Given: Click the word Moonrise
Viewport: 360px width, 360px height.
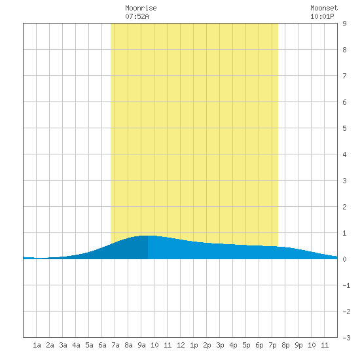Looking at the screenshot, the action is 141,8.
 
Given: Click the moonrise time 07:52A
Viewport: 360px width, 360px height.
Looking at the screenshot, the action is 137,16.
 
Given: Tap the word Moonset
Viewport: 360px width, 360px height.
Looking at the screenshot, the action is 324,8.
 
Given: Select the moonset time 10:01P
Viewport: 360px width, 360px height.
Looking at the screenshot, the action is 322,16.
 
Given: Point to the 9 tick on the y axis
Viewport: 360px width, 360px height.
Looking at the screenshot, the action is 344,24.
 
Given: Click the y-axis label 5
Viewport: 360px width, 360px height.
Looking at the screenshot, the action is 344,128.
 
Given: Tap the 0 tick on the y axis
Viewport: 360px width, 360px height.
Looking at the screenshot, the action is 344,259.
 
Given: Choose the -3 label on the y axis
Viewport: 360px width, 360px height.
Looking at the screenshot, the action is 346,338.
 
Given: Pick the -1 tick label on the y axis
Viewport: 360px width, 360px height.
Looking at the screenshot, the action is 346,285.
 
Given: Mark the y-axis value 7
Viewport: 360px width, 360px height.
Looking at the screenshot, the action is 344,76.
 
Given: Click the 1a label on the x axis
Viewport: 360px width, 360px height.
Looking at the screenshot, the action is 37,345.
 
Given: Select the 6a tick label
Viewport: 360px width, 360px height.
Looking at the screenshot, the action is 102,345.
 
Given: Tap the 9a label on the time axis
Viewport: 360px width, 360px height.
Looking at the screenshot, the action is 141,345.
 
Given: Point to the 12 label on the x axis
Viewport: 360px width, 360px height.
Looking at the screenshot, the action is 181,345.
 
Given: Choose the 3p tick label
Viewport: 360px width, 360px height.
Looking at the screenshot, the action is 220,345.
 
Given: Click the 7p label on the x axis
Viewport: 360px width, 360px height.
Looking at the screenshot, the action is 272,345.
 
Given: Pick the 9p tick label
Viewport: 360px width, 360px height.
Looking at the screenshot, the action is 298,345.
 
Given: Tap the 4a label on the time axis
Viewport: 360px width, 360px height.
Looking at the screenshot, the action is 76,345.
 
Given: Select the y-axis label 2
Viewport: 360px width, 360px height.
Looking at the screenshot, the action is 344,207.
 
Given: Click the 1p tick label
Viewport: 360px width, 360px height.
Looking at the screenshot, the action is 194,345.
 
